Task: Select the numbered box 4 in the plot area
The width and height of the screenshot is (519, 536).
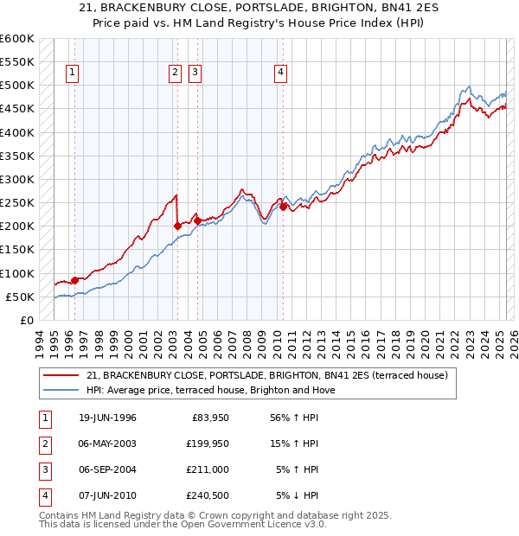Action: pyautogui.click(x=281, y=73)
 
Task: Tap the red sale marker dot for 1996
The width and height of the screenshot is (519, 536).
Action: pyautogui.click(x=74, y=280)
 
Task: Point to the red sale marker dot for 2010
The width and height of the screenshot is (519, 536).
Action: pyautogui.click(x=283, y=207)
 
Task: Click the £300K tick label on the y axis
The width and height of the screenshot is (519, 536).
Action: pyautogui.click(x=17, y=179)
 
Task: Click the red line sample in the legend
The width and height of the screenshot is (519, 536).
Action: pyautogui.click(x=61, y=375)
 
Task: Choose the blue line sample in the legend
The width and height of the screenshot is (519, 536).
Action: pyautogui.click(x=61, y=390)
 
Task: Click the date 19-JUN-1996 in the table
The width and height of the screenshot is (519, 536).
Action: pyautogui.click(x=107, y=418)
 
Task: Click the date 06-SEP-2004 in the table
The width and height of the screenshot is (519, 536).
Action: pyautogui.click(x=107, y=470)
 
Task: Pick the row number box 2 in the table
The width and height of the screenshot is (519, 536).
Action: pyautogui.click(x=44, y=444)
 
